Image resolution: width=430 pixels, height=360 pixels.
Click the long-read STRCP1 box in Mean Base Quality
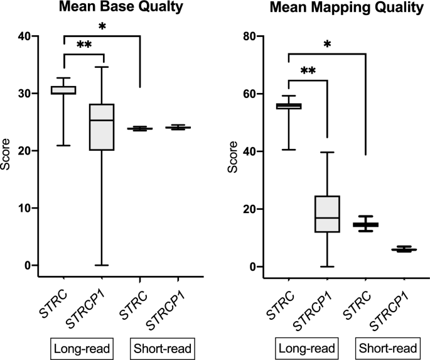coord(102,127)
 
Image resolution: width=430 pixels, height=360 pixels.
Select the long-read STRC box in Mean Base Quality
coord(64,90)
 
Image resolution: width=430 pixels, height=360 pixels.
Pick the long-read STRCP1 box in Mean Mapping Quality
coord(326,214)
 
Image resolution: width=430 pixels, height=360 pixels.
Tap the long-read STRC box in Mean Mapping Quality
coord(288,106)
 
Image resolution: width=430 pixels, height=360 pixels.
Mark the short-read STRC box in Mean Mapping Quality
coord(365,224)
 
